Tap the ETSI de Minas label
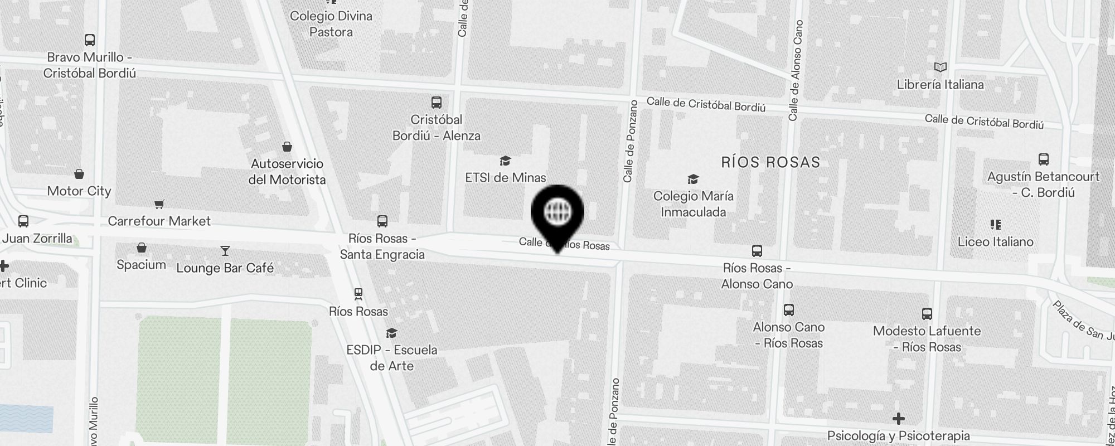pyautogui.click(x=506, y=178)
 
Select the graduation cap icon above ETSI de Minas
pyautogui.click(x=505, y=161)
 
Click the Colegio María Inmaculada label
pyautogui.click(x=693, y=204)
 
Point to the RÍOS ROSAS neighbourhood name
pyautogui.click(x=770, y=162)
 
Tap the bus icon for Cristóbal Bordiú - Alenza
pyautogui.click(x=437, y=103)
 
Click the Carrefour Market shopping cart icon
pyautogui.click(x=159, y=205)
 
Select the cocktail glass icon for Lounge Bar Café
pyautogui.click(x=225, y=251)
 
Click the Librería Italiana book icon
pyautogui.click(x=941, y=67)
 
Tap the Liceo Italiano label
pyautogui.click(x=995, y=242)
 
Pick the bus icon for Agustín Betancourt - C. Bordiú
pyautogui.click(x=1044, y=160)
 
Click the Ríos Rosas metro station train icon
pyautogui.click(x=358, y=294)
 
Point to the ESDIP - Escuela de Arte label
pyautogui.click(x=392, y=358)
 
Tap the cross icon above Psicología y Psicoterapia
pyautogui.click(x=898, y=418)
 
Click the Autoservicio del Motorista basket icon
pyautogui.click(x=287, y=147)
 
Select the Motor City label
pyautogui.click(x=79, y=191)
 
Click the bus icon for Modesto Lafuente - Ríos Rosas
pyautogui.click(x=927, y=314)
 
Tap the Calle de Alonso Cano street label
pyautogui.click(x=795, y=70)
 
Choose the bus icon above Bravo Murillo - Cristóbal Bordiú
pyautogui.click(x=90, y=40)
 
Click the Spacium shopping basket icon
pyautogui.click(x=142, y=248)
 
